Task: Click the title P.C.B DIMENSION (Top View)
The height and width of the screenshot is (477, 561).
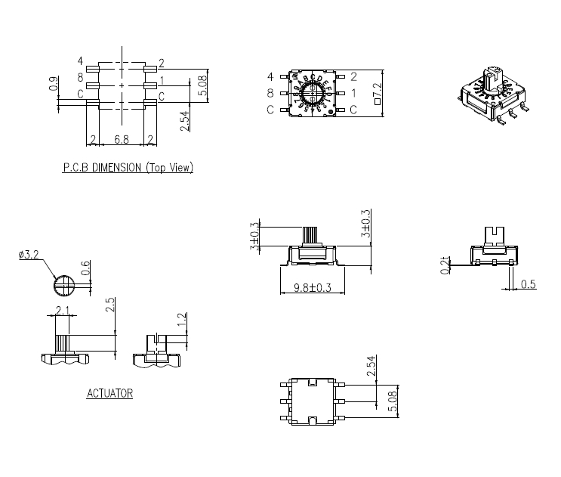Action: tap(128, 168)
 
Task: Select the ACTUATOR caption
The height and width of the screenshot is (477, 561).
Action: tap(109, 393)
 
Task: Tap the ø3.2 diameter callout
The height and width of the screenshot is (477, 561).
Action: tap(29, 256)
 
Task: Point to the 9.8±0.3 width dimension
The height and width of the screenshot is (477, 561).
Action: tap(312, 287)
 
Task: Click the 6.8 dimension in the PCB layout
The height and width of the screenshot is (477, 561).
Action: tap(122, 139)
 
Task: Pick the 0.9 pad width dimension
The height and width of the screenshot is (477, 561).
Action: tap(52, 85)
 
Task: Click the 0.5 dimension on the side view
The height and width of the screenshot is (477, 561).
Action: tap(529, 283)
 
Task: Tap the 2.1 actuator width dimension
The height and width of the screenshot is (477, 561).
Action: tap(63, 310)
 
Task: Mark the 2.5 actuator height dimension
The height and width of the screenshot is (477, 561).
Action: tap(110, 305)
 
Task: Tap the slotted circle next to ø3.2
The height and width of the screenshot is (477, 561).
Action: tap(63, 286)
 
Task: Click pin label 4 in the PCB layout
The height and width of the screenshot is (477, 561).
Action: tap(79, 60)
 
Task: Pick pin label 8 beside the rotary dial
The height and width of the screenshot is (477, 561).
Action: tap(270, 93)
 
